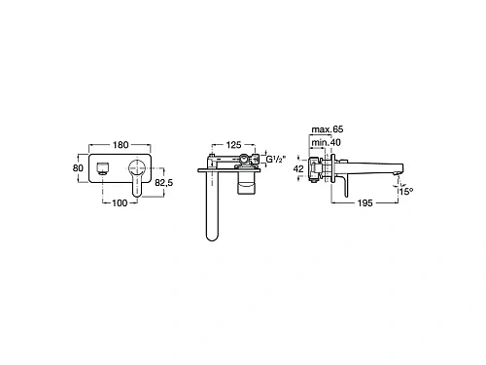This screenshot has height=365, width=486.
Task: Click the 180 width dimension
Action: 121,145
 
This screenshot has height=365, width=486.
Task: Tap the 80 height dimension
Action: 78,168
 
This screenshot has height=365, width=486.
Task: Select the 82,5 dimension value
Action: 163,183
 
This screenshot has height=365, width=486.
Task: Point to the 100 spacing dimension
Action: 120,203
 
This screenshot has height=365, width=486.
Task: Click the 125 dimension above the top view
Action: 233,145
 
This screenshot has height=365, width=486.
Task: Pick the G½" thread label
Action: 276,160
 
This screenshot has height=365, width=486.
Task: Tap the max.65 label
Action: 328,129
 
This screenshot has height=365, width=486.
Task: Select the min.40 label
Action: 326,142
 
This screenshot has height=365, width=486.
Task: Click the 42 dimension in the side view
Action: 298,168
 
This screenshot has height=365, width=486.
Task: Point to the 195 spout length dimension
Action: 364,203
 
